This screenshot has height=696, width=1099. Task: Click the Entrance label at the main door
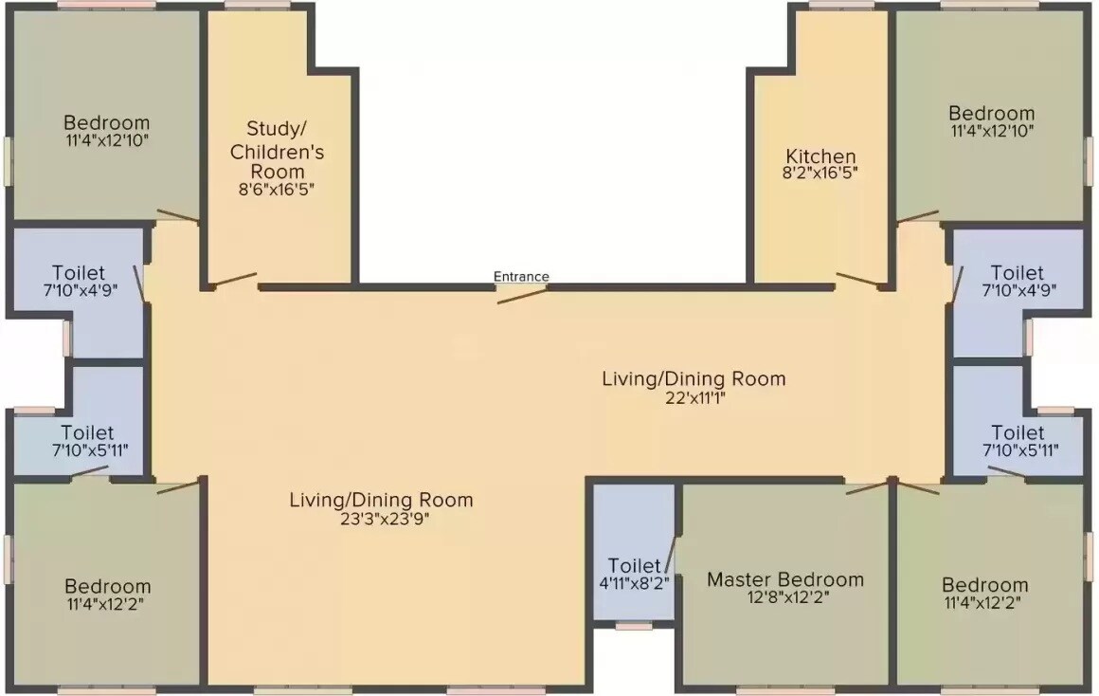point(521,277)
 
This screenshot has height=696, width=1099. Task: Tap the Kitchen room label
point(820,156)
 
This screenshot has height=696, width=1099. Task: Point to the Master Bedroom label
point(785,579)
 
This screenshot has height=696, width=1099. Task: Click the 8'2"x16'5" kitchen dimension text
point(820,174)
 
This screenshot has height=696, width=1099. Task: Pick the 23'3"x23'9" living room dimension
point(381,518)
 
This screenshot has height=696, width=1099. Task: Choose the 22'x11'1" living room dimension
point(694,397)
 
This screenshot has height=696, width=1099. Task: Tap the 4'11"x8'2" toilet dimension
point(634,583)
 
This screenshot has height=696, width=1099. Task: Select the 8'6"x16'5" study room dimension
point(276,189)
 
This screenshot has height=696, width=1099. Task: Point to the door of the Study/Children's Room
point(231,280)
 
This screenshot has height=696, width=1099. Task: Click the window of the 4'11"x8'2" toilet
point(633,626)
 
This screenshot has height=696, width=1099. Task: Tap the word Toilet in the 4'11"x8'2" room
point(634,566)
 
